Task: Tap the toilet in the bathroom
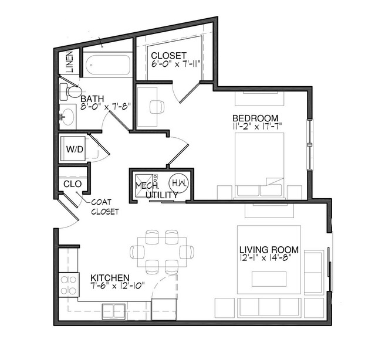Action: coord(72,92)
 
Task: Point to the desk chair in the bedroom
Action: coord(156,107)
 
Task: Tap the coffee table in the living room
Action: coord(269,279)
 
